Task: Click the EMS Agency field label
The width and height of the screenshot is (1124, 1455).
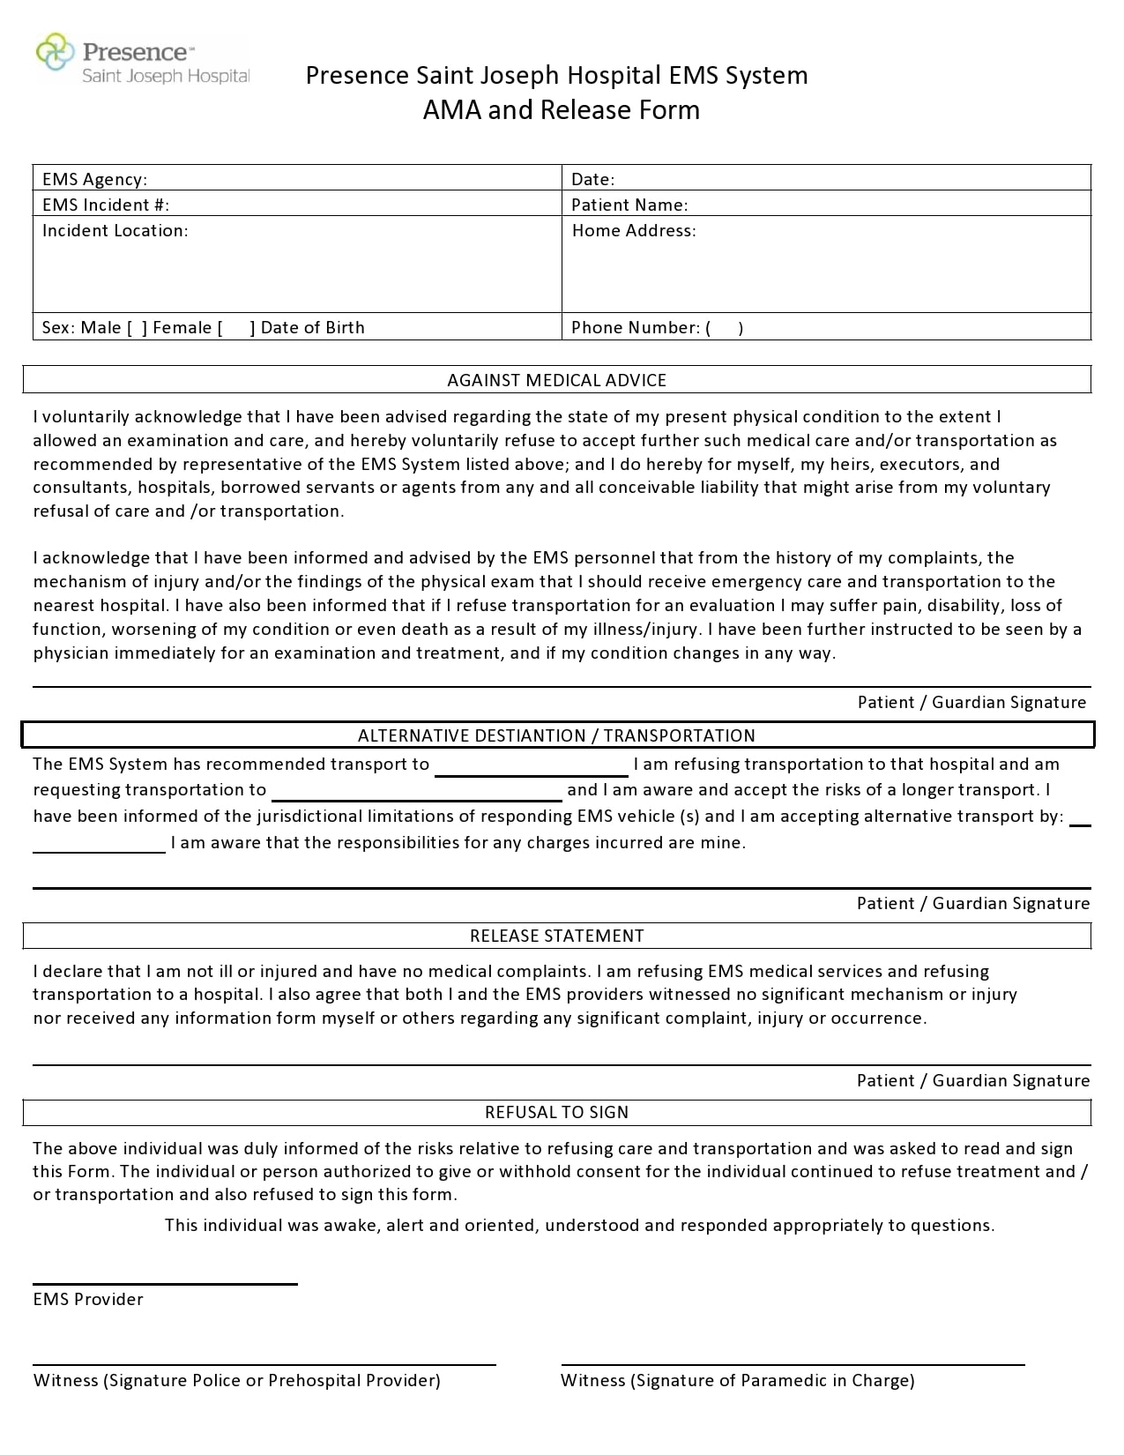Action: [x=94, y=179]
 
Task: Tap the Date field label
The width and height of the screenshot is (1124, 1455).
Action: [x=592, y=179]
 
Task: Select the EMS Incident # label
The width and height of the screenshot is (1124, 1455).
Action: [x=105, y=205]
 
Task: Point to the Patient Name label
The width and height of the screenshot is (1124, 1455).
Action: [x=629, y=205]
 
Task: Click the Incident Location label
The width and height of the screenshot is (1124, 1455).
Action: [x=115, y=230]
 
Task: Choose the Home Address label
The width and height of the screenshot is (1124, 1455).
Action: [x=633, y=230]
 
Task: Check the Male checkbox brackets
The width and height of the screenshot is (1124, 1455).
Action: [x=137, y=328]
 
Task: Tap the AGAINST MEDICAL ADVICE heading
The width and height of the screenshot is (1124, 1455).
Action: [x=556, y=380]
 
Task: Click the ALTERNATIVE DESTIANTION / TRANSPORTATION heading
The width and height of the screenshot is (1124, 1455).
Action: [x=556, y=735]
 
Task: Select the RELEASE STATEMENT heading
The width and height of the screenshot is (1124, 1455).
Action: [x=556, y=936]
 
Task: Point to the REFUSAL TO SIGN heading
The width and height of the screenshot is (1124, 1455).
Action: [x=556, y=1112]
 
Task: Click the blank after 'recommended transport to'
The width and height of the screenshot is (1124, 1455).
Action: [x=531, y=767]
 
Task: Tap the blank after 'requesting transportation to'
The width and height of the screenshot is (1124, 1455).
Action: [x=416, y=793]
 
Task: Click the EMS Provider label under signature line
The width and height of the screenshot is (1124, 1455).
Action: [x=88, y=1299]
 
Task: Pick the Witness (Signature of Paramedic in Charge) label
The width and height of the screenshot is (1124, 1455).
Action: [x=737, y=1380]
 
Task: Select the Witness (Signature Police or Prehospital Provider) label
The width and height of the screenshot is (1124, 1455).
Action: [x=236, y=1380]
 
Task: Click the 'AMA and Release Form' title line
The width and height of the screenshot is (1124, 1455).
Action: [x=561, y=110]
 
